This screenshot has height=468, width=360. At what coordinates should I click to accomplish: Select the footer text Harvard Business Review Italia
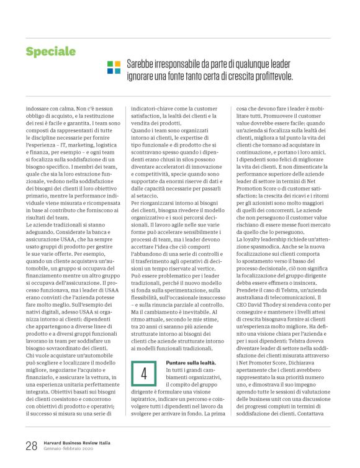(x=77, y=442)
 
